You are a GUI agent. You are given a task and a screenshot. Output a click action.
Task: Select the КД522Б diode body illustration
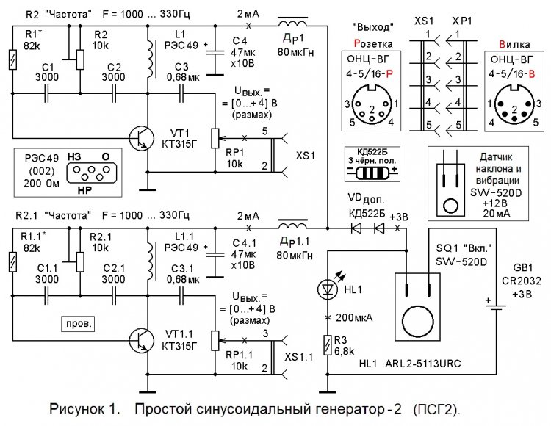point(372,170)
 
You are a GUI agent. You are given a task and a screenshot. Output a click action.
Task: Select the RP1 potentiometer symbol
point(215,137)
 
